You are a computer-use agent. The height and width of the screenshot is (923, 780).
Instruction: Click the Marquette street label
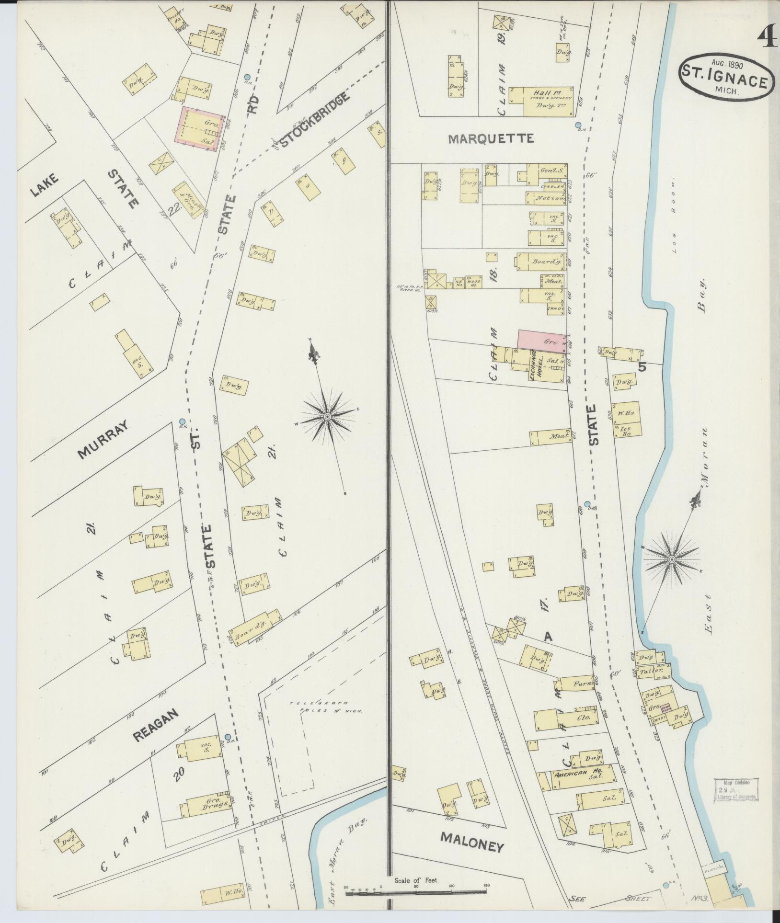491,139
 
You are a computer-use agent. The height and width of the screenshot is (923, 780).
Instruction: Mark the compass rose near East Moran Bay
671,559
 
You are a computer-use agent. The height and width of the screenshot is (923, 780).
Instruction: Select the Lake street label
44,185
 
